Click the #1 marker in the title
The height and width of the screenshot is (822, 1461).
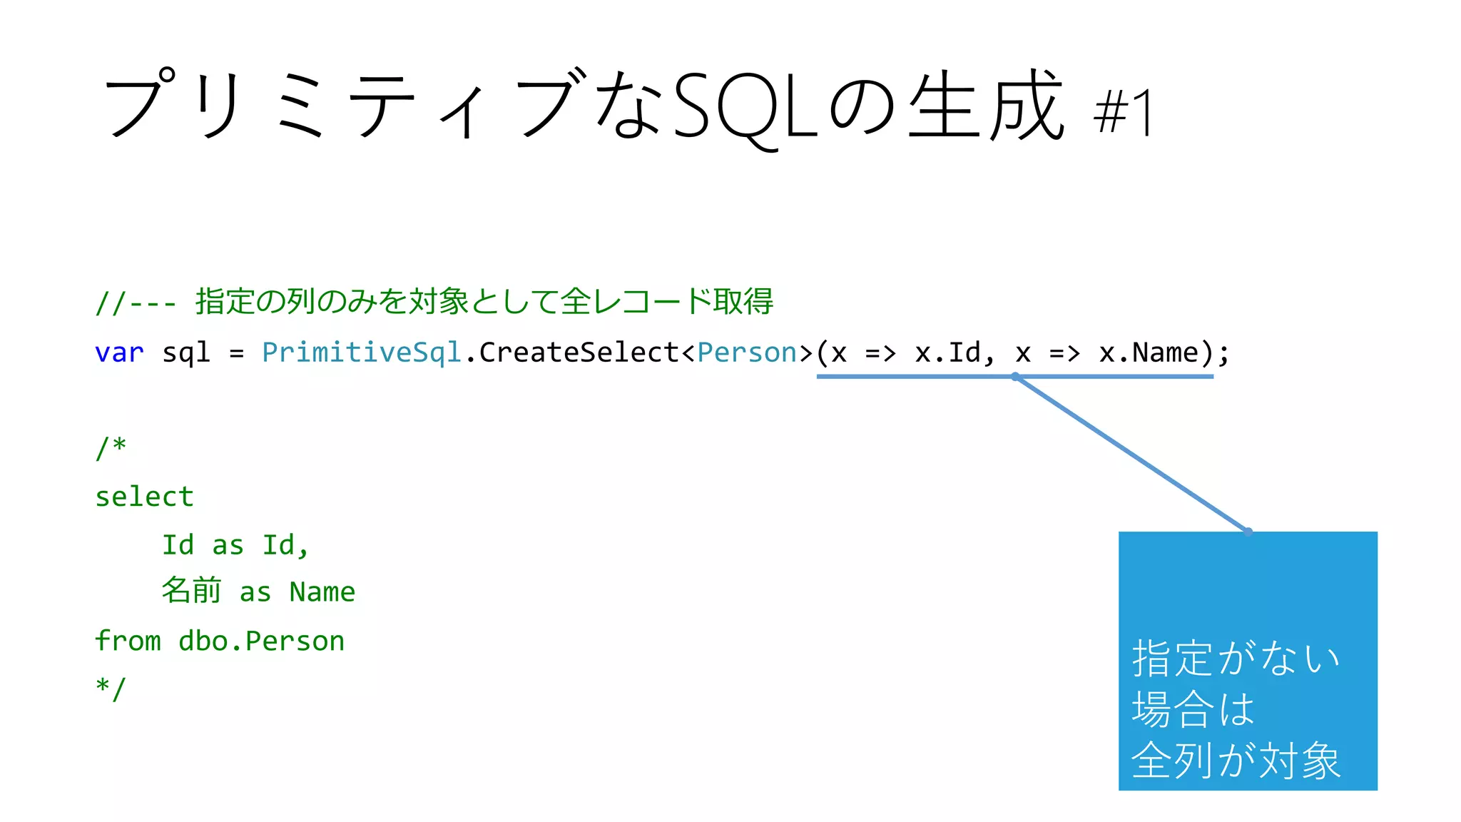1123,113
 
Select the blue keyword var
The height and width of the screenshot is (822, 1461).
119,353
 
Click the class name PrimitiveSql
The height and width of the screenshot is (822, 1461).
362,353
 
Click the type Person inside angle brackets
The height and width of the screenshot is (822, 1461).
747,352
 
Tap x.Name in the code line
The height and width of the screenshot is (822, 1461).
1149,352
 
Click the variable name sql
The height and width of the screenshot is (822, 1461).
186,353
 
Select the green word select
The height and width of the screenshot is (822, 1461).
144,497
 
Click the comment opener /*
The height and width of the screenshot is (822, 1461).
111,448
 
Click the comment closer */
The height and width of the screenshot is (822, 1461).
111,689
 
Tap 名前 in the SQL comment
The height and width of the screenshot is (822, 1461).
190,591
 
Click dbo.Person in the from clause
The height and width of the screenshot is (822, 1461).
261,641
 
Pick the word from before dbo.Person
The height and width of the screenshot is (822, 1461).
128,640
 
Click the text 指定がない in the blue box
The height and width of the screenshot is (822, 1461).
1236,658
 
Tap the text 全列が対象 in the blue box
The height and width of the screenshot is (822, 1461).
1236,761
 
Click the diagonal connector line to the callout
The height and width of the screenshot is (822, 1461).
1132,455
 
